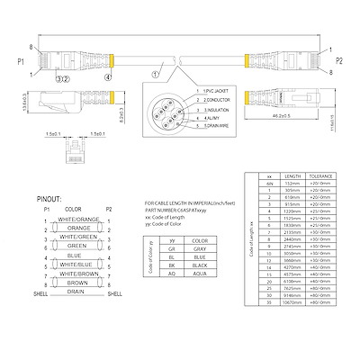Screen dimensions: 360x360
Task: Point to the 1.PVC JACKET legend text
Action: click(x=216, y=93)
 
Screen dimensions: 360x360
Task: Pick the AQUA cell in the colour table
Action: click(x=200, y=276)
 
